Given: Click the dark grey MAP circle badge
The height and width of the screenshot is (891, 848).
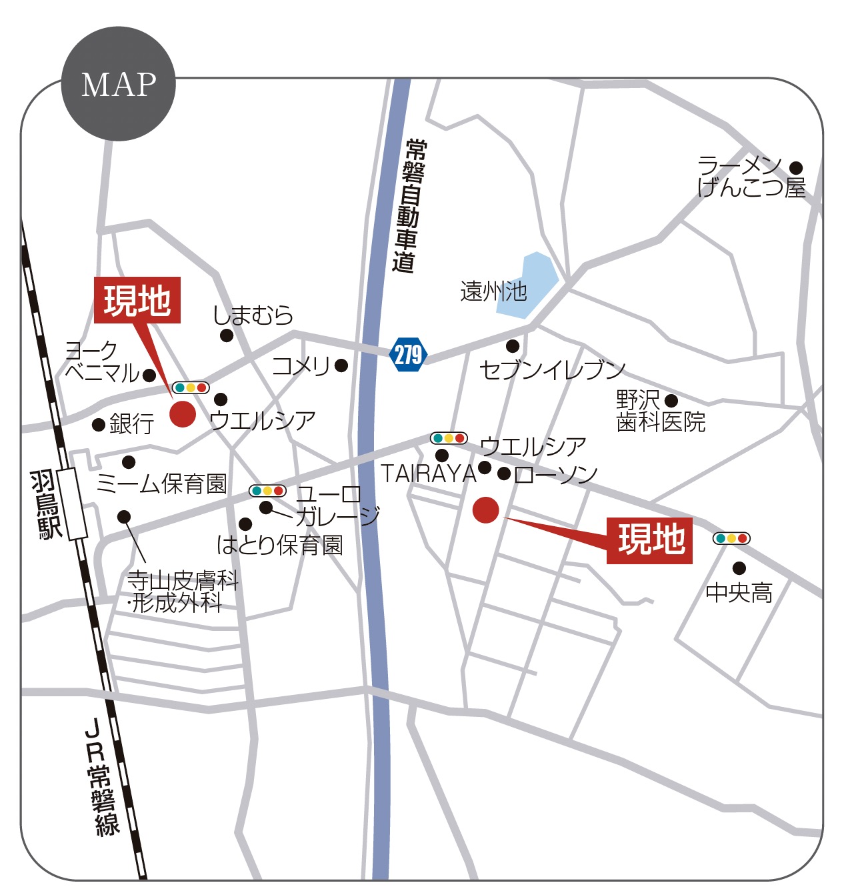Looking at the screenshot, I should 118,84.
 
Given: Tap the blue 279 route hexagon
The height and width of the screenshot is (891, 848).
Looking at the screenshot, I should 408,354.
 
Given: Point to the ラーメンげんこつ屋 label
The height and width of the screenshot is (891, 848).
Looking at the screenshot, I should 750,177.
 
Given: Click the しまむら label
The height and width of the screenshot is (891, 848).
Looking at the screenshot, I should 253,315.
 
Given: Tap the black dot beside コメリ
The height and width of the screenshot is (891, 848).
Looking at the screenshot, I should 341,365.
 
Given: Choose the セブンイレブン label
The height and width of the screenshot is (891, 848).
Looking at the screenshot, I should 552,369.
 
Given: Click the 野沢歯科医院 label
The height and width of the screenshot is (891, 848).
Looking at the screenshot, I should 660,411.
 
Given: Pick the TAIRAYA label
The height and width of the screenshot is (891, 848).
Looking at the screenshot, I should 428,474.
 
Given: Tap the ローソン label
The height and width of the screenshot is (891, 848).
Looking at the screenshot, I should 556,474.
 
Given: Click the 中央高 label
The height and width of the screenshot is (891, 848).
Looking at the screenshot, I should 739,592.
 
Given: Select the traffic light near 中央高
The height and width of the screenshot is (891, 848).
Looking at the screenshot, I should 731,538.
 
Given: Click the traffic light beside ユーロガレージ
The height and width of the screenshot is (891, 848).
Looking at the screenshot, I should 267,491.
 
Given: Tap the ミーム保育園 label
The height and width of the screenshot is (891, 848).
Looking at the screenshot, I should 162,484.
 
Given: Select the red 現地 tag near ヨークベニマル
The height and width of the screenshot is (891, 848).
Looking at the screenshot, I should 137,300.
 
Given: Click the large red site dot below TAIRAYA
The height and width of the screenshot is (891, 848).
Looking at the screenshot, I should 485,510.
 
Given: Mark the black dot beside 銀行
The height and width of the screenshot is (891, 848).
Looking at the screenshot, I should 99,424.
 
